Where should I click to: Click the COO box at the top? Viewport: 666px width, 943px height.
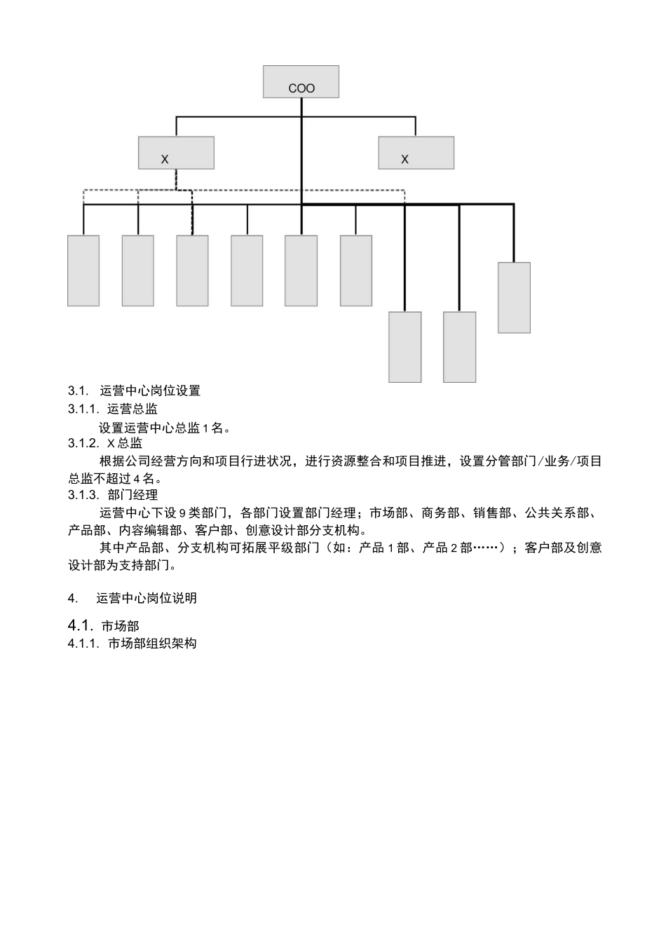[x=301, y=82]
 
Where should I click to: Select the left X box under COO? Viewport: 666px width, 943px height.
[x=176, y=153]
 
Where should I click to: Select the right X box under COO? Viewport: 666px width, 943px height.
[x=416, y=153]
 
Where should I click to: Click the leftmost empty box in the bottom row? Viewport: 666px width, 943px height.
[x=83, y=271]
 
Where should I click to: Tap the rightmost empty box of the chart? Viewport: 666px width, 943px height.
[x=514, y=297]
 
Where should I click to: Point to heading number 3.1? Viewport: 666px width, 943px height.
[x=76, y=391]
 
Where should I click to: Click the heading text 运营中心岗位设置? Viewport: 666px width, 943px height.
[x=150, y=391]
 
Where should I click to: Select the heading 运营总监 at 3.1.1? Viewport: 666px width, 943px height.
[x=132, y=409]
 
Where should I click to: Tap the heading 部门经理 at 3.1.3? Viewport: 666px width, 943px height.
[x=132, y=496]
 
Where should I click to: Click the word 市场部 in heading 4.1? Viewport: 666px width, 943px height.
[x=120, y=625]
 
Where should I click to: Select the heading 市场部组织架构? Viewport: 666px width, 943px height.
[x=152, y=643]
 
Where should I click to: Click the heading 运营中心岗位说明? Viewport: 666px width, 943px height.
[x=147, y=598]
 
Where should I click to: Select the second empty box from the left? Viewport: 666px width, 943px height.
[x=138, y=271]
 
